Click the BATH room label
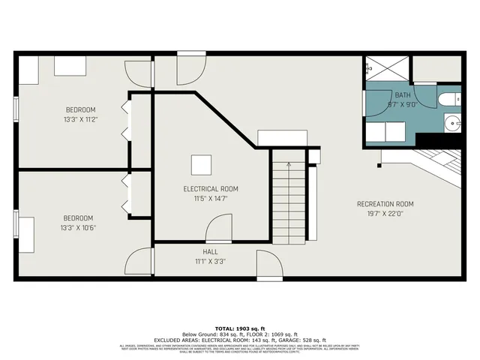403,95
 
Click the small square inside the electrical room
201,165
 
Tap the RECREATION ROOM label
385,204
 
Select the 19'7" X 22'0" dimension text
385,214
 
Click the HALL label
211,252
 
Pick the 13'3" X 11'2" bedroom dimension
80,119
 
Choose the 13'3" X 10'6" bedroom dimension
79,227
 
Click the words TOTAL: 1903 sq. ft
240,328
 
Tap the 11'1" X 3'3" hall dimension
211,262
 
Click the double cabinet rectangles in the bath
385,130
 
